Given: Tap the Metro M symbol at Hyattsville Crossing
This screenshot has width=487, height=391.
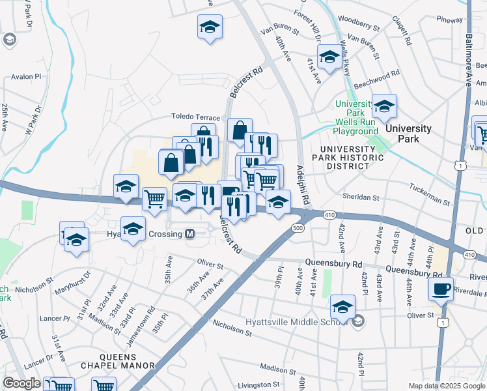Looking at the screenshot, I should click(190, 234).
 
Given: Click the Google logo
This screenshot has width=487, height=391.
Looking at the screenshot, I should click(21, 383).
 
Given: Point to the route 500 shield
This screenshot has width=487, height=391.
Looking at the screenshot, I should click(298, 228).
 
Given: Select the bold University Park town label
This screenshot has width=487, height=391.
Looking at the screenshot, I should click(408, 128).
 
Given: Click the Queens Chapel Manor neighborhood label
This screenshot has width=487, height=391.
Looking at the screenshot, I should click(118, 361).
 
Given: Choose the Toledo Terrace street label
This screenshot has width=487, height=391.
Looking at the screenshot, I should click(196, 116).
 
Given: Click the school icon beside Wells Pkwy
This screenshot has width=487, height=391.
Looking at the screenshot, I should click(329, 57).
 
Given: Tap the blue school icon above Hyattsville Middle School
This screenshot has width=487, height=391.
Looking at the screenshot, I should click(342, 305).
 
